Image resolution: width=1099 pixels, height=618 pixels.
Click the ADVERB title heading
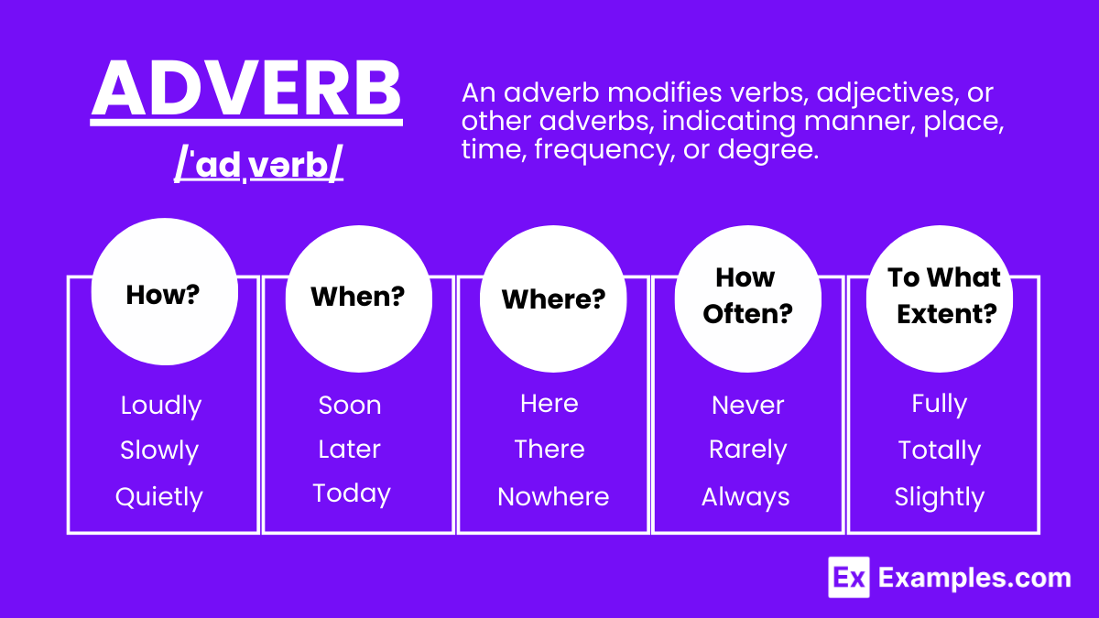click(x=246, y=89)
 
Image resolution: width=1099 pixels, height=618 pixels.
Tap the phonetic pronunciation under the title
click(x=258, y=164)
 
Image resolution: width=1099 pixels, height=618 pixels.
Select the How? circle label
click(x=163, y=294)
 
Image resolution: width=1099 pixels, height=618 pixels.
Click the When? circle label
click(x=358, y=296)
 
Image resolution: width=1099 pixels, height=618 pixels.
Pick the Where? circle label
click(x=553, y=298)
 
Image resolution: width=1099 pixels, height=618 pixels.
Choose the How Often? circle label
click(x=747, y=295)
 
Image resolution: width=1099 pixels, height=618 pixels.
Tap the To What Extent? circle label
click(x=943, y=295)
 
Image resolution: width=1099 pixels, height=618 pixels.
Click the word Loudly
click(x=161, y=406)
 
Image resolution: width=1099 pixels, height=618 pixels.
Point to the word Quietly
click(x=159, y=497)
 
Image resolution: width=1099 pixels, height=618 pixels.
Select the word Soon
click(x=350, y=405)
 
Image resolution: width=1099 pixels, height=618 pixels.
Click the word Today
click(x=352, y=493)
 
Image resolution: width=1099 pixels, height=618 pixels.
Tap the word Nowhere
click(x=553, y=496)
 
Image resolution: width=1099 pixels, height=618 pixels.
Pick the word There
click(x=549, y=449)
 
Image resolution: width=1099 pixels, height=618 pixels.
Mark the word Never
click(x=747, y=405)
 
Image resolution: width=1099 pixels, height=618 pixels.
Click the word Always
click(x=745, y=497)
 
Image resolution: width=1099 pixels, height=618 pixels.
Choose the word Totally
click(x=940, y=450)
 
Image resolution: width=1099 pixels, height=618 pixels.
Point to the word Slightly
click(x=940, y=497)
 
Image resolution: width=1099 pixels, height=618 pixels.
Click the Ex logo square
click(x=849, y=578)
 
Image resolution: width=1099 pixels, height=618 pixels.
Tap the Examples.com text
click(x=974, y=578)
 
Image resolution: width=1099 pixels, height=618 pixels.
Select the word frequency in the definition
click(x=602, y=149)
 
